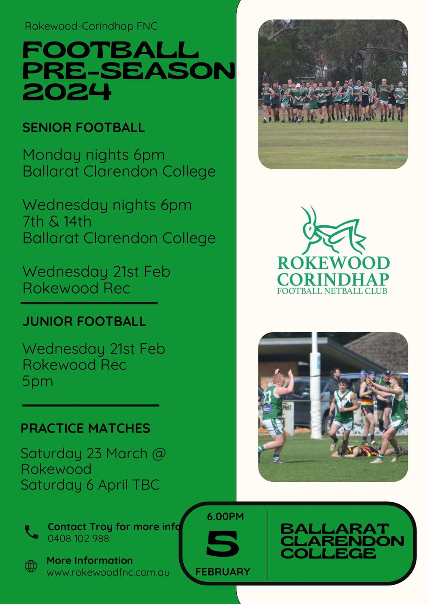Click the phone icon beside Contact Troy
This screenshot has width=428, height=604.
click(x=31, y=532)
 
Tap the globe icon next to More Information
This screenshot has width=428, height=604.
click(x=31, y=566)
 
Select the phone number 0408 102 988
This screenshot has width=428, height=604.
click(x=78, y=538)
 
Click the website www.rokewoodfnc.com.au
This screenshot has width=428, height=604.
click(x=108, y=572)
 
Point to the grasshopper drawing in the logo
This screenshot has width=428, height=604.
click(x=332, y=231)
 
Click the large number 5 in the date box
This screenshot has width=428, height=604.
click(x=223, y=544)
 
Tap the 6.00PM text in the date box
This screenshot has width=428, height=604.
click(x=225, y=516)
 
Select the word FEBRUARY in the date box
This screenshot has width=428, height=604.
click(x=223, y=572)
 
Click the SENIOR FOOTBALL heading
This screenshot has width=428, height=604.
click(x=83, y=127)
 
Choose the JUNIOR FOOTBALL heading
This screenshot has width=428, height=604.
click(x=84, y=321)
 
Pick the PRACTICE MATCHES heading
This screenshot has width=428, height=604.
click(x=86, y=428)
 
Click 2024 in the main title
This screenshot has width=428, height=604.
click(x=67, y=91)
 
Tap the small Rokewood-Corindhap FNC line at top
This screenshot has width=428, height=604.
click(x=91, y=26)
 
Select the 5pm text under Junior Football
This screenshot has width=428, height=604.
click(x=38, y=381)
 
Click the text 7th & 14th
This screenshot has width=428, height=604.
click(x=57, y=221)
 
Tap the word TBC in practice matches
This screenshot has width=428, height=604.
click(x=146, y=485)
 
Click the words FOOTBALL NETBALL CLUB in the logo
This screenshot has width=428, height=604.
click(x=332, y=291)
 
